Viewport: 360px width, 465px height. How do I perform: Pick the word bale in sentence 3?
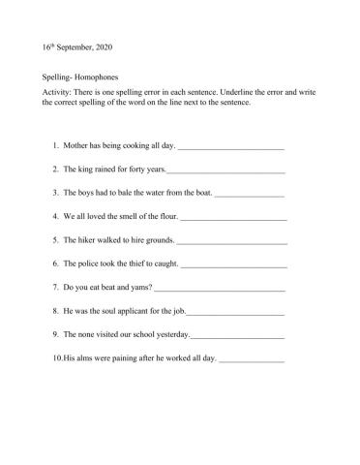138,193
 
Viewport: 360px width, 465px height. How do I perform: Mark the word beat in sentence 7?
108,287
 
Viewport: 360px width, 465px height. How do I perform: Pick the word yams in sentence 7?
142,287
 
